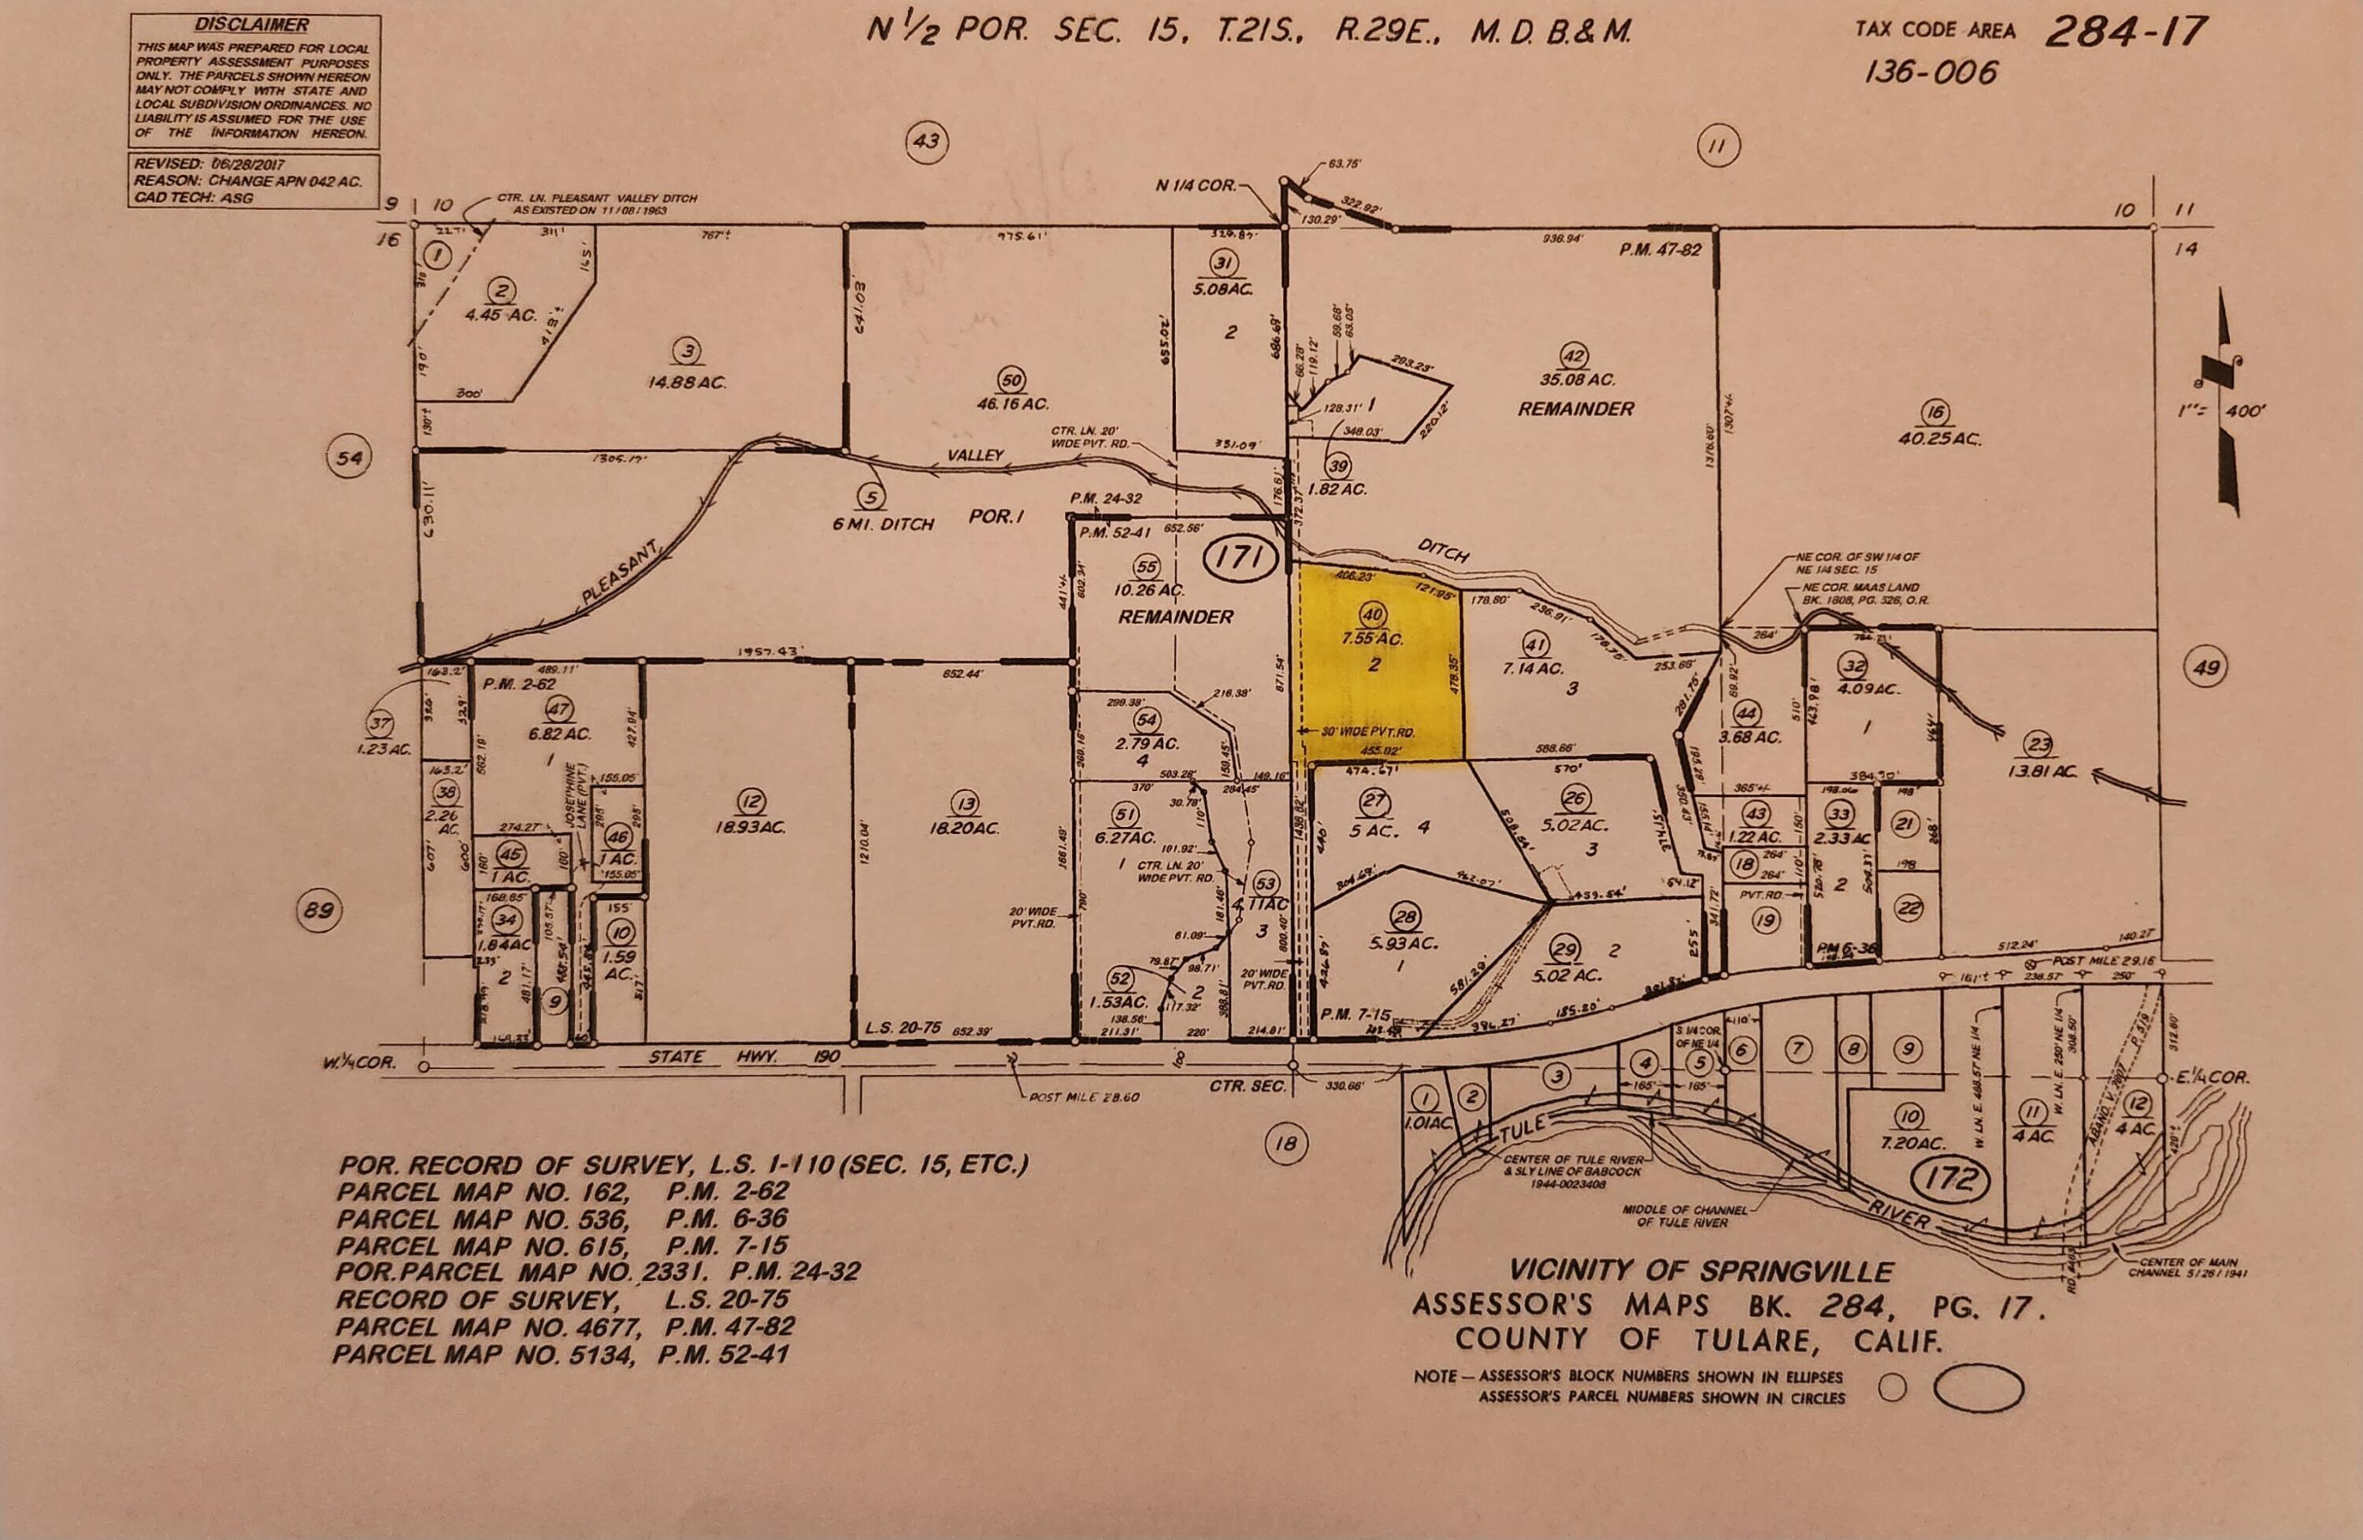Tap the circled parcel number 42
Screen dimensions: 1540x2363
(x=1575, y=355)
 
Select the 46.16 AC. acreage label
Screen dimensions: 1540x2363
(x=1011, y=404)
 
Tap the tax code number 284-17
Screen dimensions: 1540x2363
(x=2124, y=32)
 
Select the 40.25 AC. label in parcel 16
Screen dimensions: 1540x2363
(x=1939, y=438)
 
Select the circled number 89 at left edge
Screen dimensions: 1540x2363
(x=320, y=910)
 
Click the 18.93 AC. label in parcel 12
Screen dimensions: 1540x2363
(x=751, y=827)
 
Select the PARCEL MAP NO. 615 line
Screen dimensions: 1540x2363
(x=562, y=1245)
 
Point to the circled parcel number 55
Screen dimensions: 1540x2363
(x=1148, y=565)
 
